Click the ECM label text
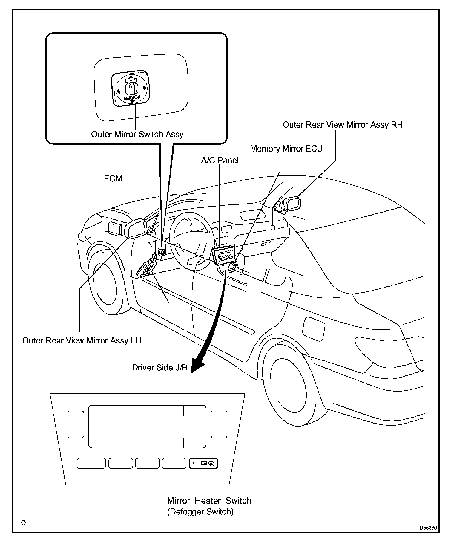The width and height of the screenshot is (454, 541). (x=113, y=178)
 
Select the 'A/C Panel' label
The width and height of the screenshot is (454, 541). (x=220, y=161)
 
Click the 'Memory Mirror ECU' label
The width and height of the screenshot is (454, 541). (x=286, y=149)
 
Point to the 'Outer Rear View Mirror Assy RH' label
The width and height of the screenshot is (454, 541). (x=343, y=125)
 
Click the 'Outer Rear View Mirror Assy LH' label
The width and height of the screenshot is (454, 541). (x=82, y=340)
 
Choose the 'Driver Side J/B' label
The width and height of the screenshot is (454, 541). (x=159, y=367)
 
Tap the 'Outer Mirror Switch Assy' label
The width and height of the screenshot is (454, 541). (x=137, y=134)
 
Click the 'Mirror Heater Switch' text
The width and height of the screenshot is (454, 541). (x=209, y=501)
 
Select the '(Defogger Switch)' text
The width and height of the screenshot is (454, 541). (x=200, y=512)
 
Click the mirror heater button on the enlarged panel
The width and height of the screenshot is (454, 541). (x=204, y=464)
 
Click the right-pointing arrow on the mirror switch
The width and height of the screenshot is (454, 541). (x=144, y=88)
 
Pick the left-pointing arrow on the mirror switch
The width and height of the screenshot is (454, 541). (x=118, y=91)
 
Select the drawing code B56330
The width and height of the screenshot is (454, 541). (x=428, y=528)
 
